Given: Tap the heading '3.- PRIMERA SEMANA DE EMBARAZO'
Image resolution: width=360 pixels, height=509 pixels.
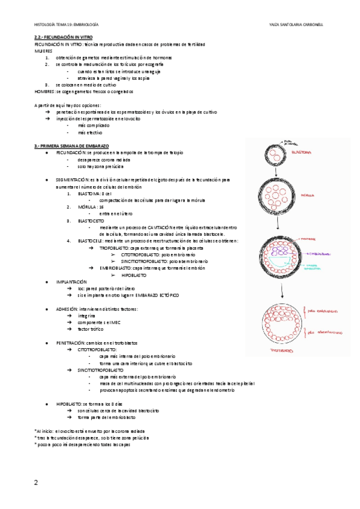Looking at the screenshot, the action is pyautogui.click(x=72, y=146).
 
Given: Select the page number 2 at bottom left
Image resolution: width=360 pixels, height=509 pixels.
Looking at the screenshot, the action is pyautogui.click(x=36, y=482).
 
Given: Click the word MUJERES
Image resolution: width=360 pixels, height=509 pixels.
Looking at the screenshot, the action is pyautogui.click(x=43, y=51).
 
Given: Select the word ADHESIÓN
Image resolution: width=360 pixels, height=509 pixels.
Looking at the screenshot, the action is pyautogui.click(x=67, y=309).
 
